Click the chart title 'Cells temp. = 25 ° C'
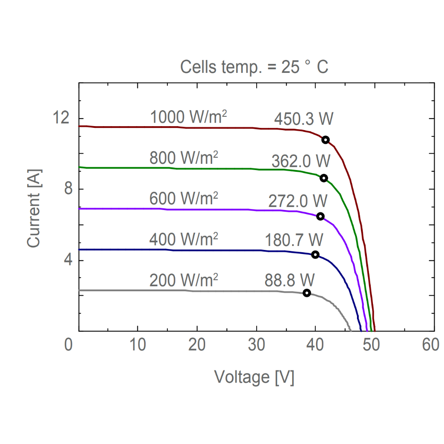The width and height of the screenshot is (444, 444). click(x=254, y=67)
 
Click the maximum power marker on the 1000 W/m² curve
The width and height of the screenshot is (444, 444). click(x=325, y=140)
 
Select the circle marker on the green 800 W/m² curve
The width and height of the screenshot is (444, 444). click(x=324, y=178)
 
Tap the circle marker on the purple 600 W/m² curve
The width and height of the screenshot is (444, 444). click(x=320, y=216)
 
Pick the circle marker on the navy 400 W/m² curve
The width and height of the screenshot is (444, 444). click(x=315, y=254)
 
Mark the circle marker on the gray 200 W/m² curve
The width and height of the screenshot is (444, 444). click(x=306, y=293)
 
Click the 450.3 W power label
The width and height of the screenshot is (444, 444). click(x=304, y=119)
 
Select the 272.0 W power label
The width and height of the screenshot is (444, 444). click(x=297, y=201)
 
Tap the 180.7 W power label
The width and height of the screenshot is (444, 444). click(x=294, y=240)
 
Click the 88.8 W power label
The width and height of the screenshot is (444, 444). click(x=289, y=281)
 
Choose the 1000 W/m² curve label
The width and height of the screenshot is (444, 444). click(x=189, y=117)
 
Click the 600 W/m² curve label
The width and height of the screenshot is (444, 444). click(x=183, y=198)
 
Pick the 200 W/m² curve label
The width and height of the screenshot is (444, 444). click(x=183, y=281)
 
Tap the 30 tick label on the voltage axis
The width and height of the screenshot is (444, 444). click(x=256, y=345)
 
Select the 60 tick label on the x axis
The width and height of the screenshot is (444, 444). click(x=431, y=345)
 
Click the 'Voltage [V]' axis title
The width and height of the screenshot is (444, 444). click(x=254, y=377)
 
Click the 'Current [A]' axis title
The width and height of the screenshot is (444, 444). click(x=34, y=208)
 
